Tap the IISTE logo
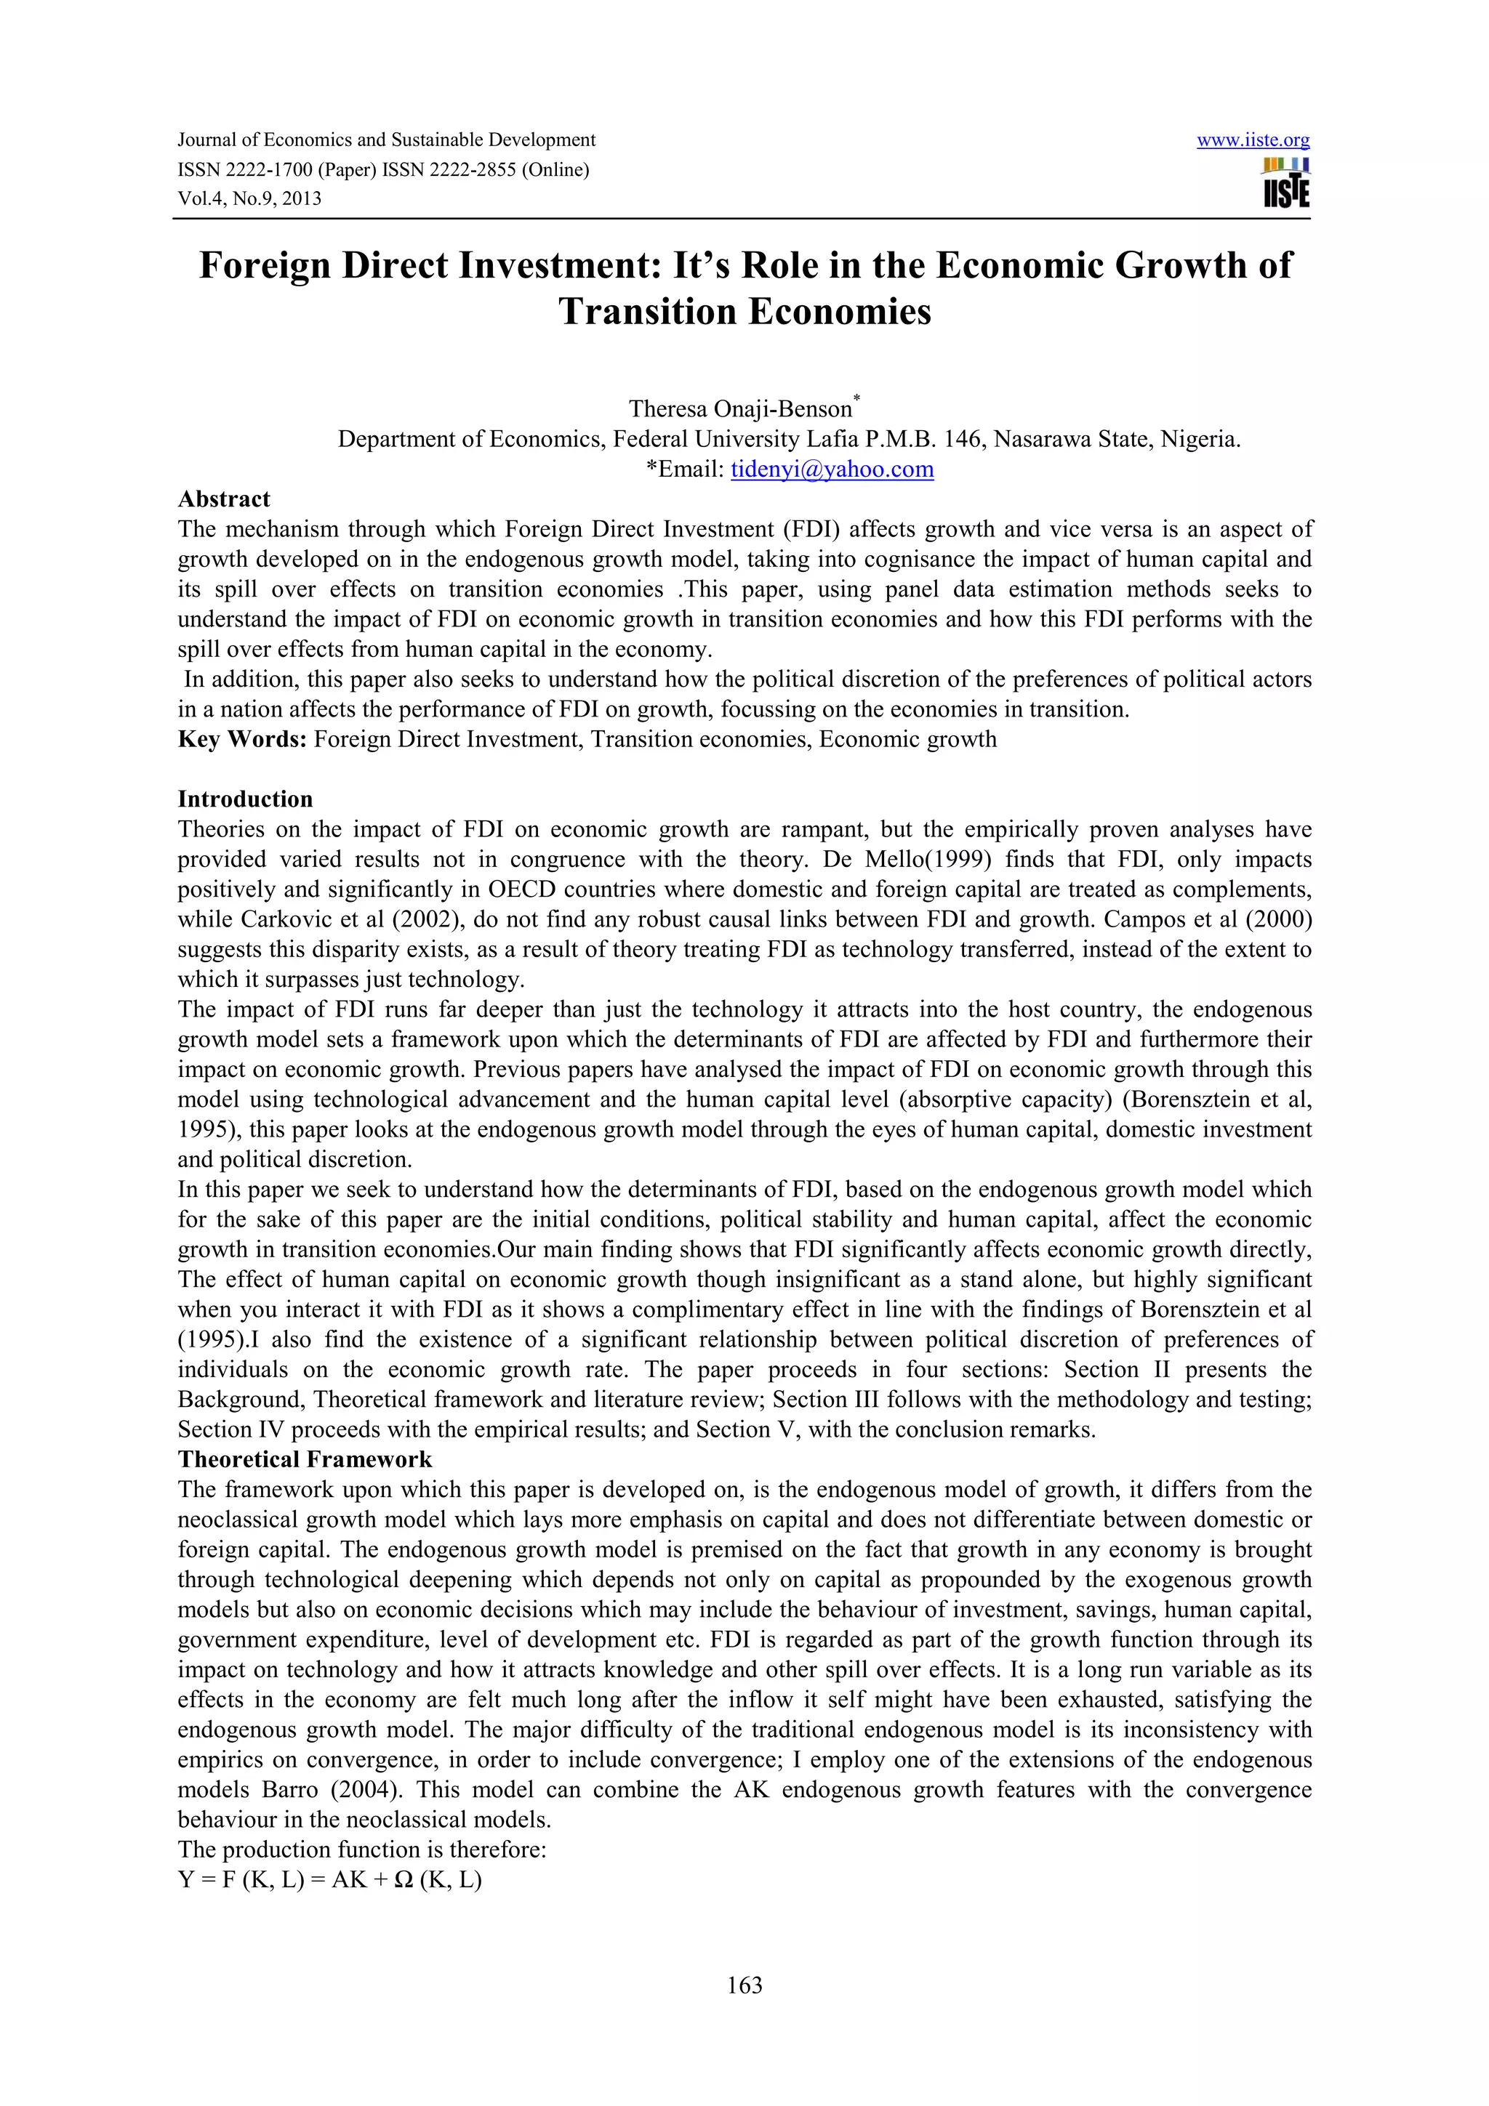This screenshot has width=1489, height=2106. coord(1285,183)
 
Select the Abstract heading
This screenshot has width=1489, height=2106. coord(224,499)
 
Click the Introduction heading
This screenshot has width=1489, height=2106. coord(245,799)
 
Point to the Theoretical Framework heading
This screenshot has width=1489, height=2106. coord(305,1459)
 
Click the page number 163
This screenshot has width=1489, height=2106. coord(744,1985)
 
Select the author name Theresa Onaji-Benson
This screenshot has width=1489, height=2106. coord(739,409)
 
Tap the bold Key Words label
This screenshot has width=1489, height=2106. coord(242,739)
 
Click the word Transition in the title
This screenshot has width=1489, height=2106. coord(648,312)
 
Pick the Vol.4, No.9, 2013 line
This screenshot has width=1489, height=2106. coord(249,199)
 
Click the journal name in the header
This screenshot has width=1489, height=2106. coord(386,140)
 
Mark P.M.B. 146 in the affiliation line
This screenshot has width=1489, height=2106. coord(923,440)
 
